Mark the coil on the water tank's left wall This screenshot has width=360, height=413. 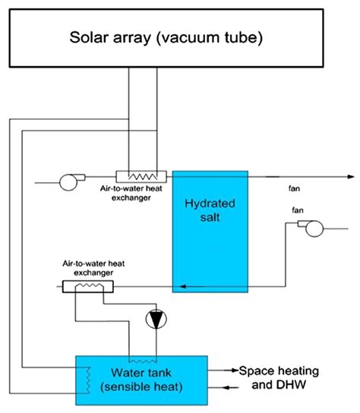(85, 375)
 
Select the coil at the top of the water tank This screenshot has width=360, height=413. (141, 359)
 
